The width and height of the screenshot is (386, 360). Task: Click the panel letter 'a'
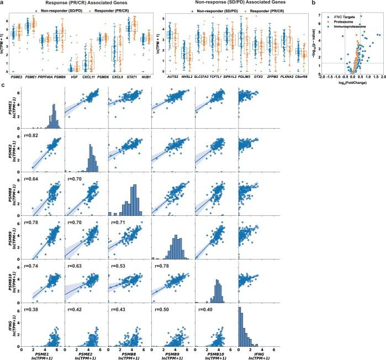3,3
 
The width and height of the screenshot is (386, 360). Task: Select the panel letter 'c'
3,84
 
